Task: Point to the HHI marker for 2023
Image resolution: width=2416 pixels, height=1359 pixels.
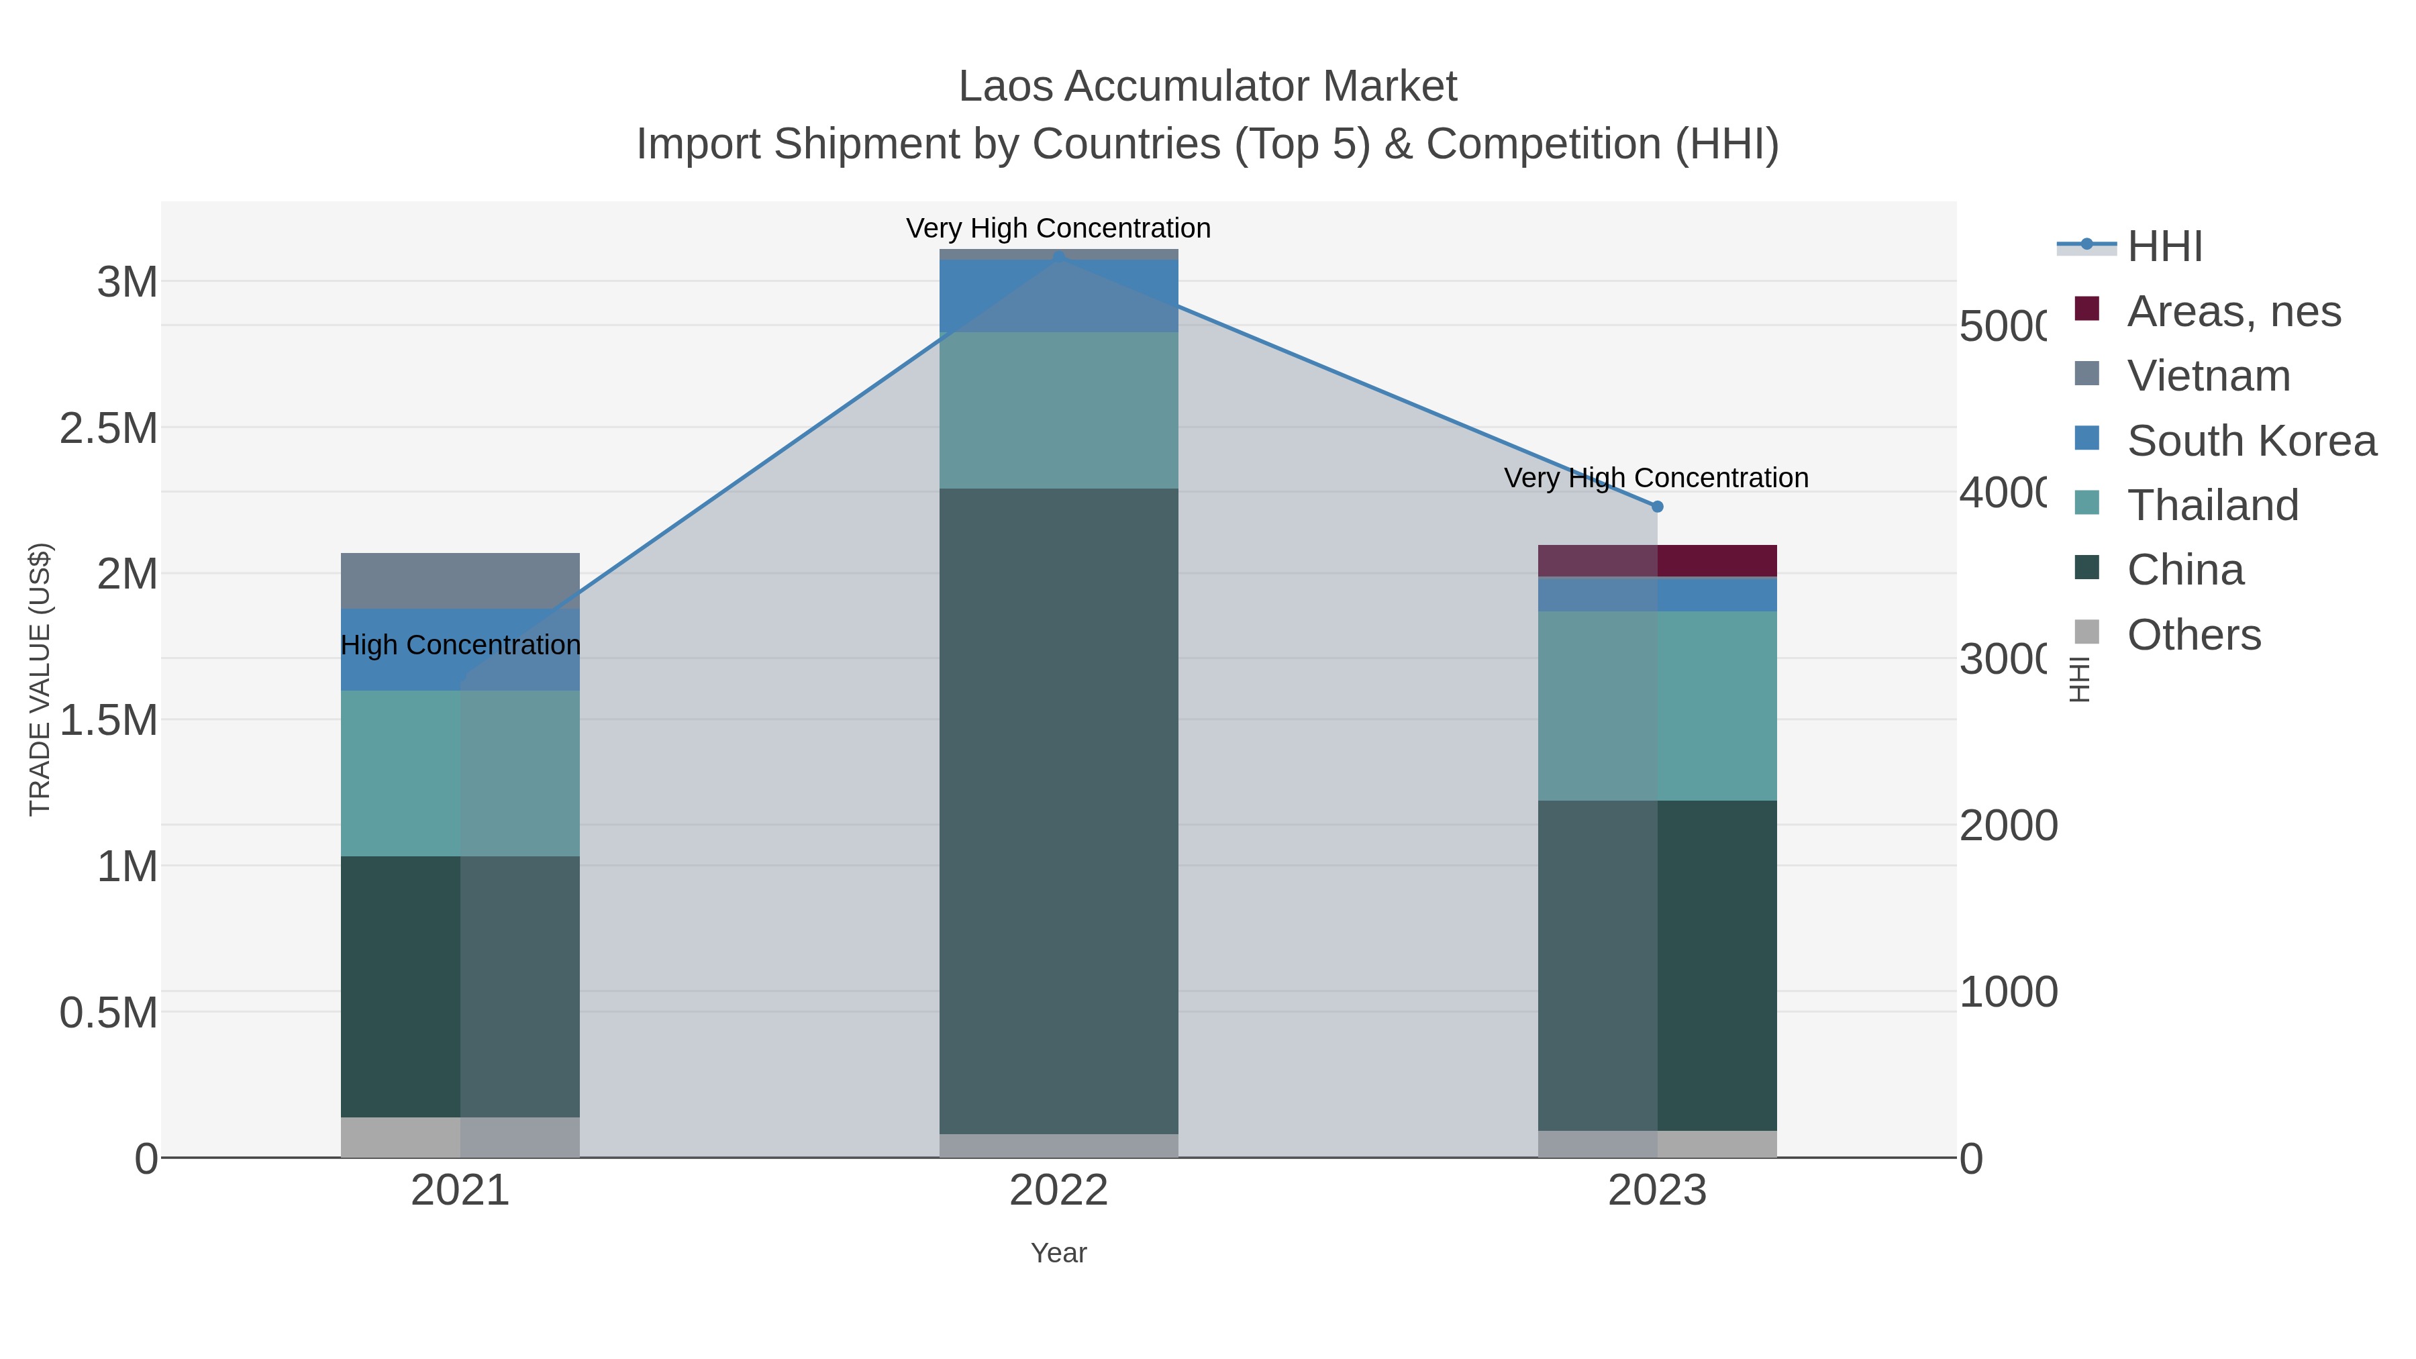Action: tap(1656, 507)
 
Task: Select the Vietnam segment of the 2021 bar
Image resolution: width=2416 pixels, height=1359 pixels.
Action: tap(460, 581)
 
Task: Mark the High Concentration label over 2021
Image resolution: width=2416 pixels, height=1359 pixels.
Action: tap(460, 645)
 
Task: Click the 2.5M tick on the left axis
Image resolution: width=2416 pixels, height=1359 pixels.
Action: tap(109, 429)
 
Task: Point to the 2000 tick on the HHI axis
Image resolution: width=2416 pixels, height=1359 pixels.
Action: tap(2007, 825)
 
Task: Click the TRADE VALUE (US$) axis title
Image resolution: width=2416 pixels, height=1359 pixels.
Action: tap(40, 679)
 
